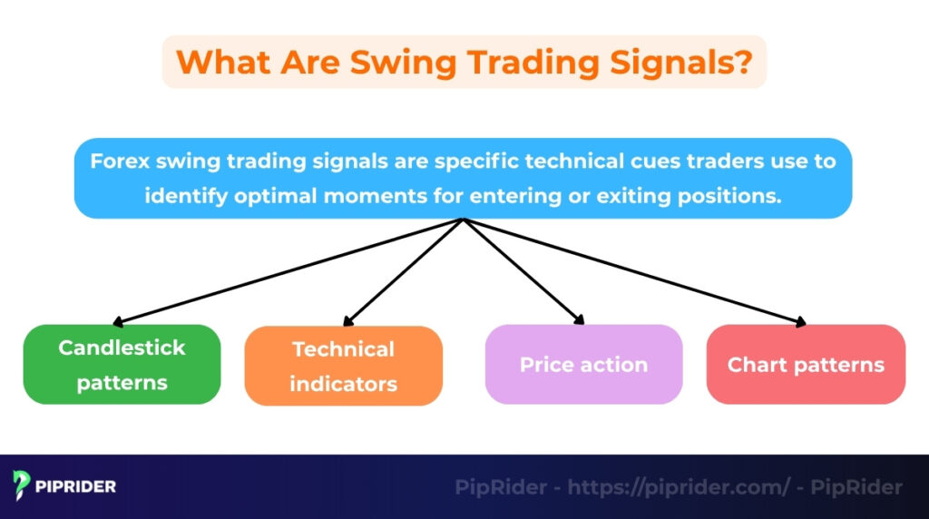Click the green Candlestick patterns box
[122, 365]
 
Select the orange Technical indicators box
[343, 366]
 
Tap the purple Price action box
[583, 365]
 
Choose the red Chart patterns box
[806, 365]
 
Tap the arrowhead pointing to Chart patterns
[802, 320]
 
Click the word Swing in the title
[387, 62]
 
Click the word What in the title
[220, 62]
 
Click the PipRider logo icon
[22, 486]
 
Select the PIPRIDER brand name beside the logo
[76, 487]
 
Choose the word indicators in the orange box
[343, 384]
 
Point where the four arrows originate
[464, 220]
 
